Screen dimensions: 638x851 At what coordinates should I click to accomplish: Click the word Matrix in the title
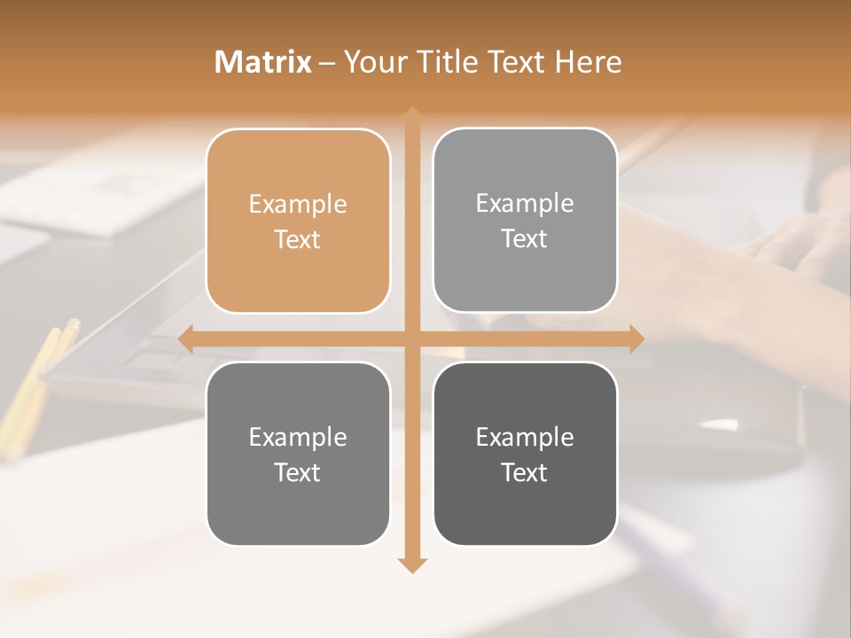[x=263, y=62]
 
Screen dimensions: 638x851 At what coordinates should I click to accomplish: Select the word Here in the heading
[x=589, y=62]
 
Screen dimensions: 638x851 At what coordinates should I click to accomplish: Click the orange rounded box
[x=298, y=222]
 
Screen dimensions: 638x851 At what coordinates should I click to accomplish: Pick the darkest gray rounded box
[x=525, y=454]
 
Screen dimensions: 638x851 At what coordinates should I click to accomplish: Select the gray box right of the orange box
[x=525, y=221]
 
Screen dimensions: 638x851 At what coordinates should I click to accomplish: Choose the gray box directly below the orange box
[x=298, y=454]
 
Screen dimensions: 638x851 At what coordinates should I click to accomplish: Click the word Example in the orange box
[x=298, y=205]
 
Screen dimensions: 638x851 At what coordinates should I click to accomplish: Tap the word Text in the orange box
[x=298, y=240]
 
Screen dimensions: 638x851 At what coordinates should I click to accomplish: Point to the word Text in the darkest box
[x=525, y=472]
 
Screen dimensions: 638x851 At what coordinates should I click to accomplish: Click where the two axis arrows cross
[x=411, y=339]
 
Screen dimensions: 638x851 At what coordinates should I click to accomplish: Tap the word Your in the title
[x=372, y=62]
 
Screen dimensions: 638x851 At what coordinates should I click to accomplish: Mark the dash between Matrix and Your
[x=327, y=64]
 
